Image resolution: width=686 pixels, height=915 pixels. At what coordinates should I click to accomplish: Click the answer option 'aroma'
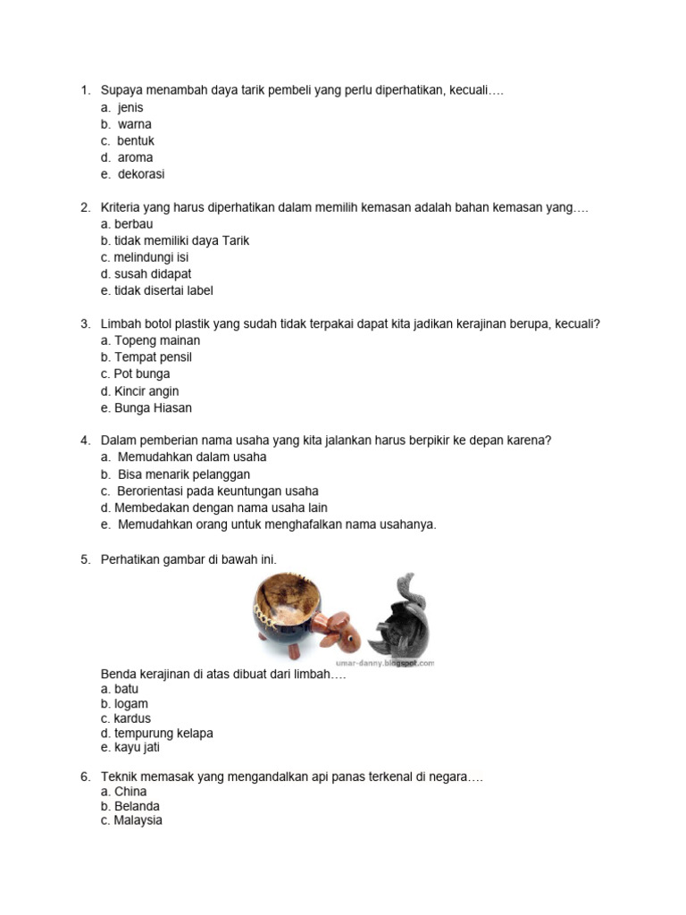coord(135,157)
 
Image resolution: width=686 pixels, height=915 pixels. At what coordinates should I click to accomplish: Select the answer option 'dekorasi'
coord(141,174)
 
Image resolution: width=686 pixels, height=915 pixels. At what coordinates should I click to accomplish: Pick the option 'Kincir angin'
coord(146,390)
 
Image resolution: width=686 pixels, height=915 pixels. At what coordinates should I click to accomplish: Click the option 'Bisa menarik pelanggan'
coord(183,474)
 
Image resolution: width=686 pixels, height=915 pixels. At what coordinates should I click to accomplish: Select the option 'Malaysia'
coord(138,820)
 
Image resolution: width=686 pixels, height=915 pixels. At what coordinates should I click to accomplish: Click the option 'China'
coord(130,792)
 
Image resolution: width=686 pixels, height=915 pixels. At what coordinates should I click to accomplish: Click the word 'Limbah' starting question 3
coord(121,323)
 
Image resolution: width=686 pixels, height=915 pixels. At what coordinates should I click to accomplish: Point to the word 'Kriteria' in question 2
coord(123,207)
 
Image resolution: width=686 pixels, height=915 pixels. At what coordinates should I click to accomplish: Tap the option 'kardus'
coord(132,718)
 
